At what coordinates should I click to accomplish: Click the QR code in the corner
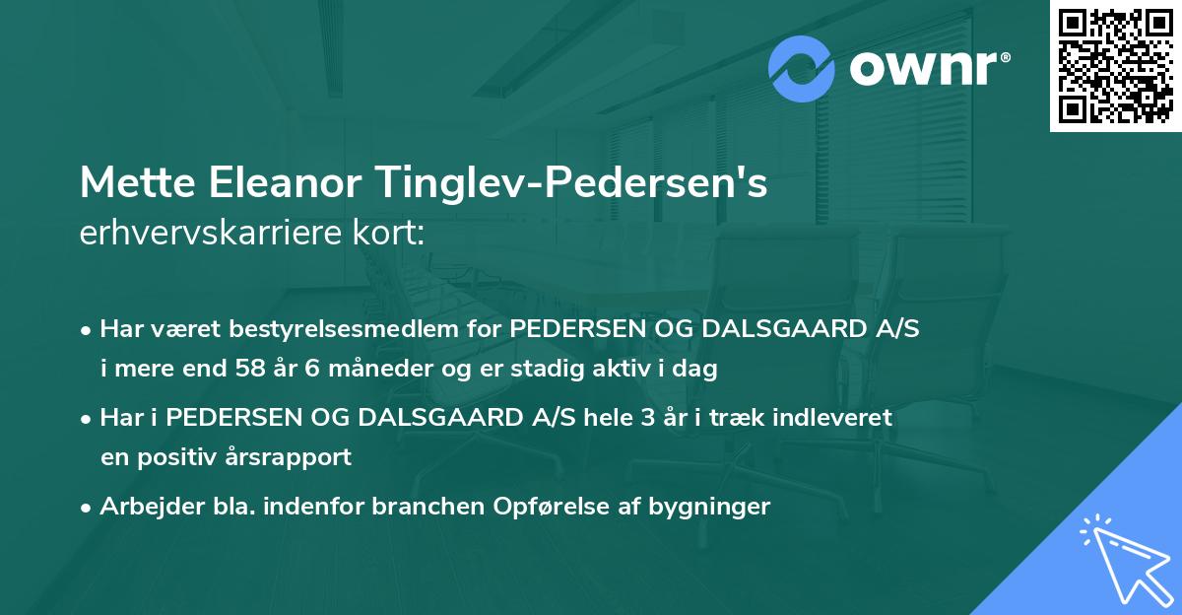tap(1115, 65)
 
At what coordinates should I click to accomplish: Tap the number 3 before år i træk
tap(646, 418)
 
